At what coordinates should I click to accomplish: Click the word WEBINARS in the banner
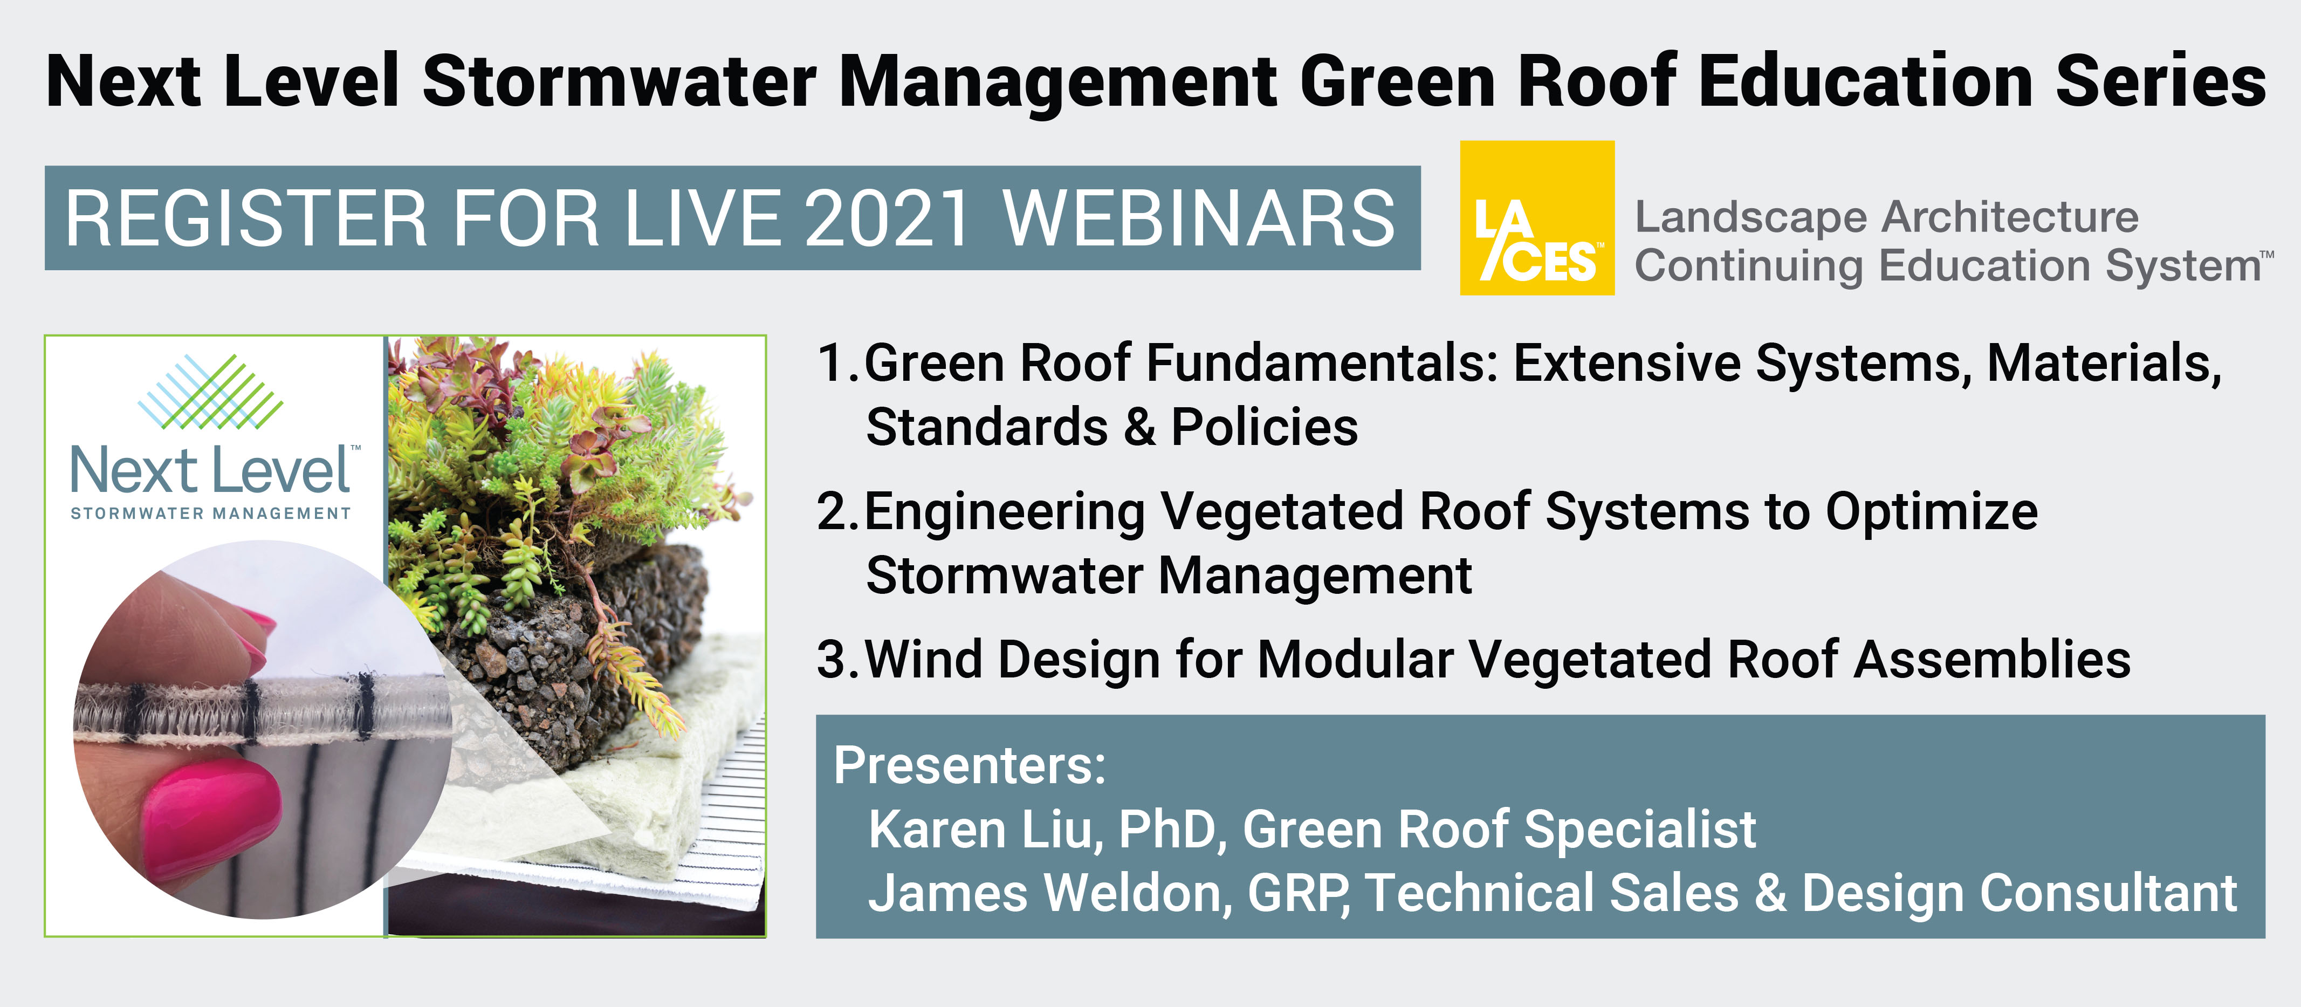point(1198,219)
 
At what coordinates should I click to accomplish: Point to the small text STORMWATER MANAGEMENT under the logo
point(211,514)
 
